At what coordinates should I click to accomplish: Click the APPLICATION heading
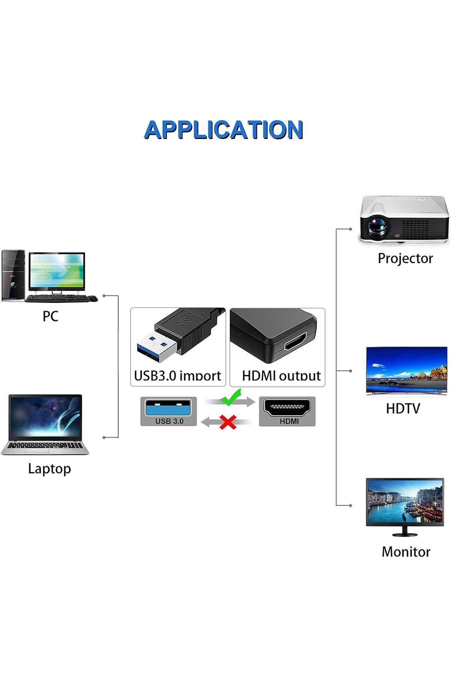224,130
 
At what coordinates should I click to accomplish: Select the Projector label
405,258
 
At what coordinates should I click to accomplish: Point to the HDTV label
403,408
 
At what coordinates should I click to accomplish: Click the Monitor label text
406,552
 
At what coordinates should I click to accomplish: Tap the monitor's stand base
405,534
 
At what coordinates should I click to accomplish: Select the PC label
50,316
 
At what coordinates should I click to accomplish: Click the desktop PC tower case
13,275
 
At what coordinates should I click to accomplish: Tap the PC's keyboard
56,298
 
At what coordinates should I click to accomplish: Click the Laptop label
49,469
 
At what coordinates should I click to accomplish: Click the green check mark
231,398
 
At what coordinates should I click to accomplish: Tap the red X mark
228,422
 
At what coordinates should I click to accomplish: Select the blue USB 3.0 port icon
168,408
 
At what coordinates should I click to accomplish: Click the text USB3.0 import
177,376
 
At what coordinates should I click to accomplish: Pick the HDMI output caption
281,376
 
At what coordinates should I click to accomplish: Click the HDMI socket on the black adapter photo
295,342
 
